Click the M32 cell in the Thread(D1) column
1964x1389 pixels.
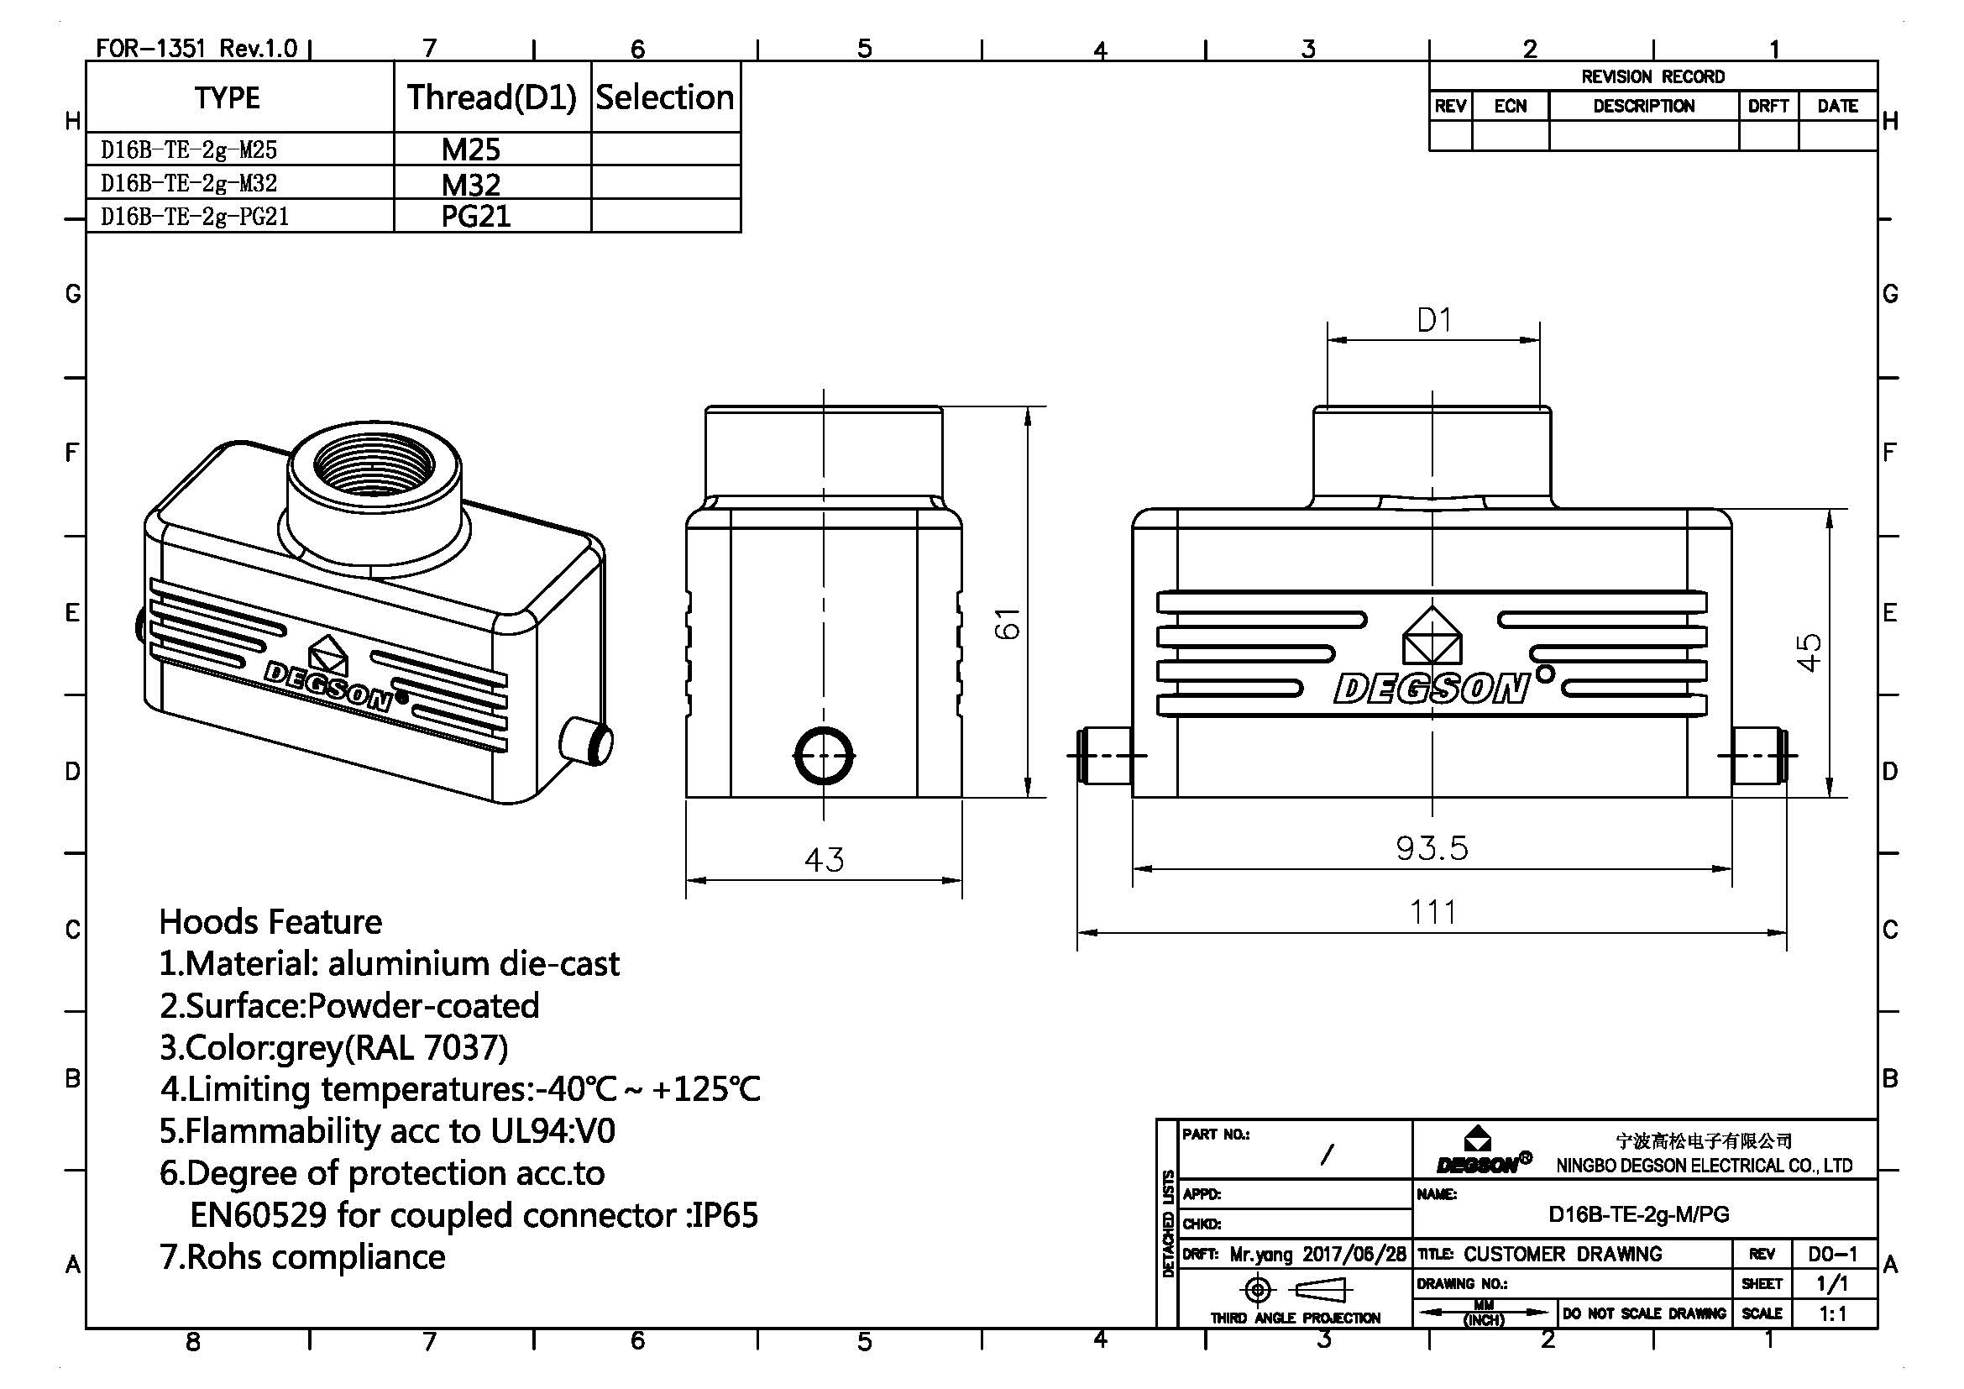470,184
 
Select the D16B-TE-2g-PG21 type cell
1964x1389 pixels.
195,217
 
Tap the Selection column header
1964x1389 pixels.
665,97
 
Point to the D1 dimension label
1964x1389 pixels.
1433,321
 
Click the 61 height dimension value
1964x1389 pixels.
1008,622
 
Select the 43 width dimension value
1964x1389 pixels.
824,859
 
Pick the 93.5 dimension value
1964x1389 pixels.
1432,847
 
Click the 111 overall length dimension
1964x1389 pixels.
1432,912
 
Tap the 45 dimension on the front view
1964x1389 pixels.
1809,653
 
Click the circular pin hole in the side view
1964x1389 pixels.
824,756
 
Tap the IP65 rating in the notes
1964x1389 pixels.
725,1214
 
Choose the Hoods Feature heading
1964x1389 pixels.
270,921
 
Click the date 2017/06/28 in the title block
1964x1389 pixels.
1354,1254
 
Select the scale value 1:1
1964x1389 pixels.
1832,1313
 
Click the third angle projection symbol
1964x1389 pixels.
1293,1289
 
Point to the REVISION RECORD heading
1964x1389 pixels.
1652,76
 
